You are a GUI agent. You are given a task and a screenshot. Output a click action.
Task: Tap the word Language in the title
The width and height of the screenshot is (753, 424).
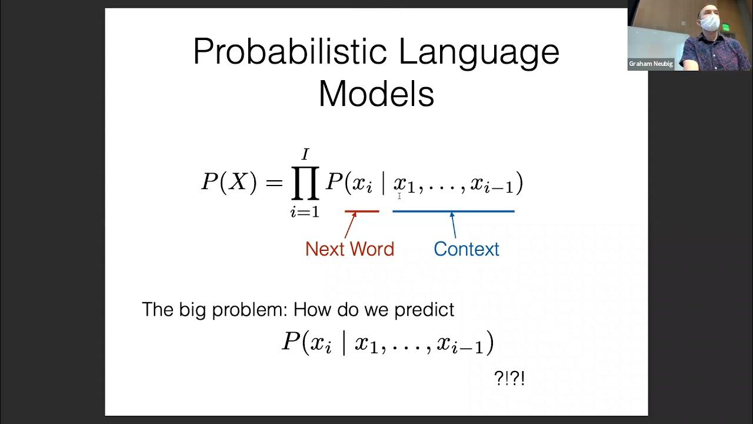point(479,52)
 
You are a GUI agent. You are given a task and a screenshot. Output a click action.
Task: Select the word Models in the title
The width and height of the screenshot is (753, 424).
point(376,94)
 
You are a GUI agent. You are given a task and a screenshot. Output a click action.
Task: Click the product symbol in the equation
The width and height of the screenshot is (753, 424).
point(305,183)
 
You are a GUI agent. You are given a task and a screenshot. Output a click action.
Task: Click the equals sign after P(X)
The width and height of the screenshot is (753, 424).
point(274,183)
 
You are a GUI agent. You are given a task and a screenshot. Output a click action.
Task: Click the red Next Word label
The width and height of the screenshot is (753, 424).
point(349,249)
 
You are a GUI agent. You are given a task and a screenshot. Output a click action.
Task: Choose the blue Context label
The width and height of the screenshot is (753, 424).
point(466,249)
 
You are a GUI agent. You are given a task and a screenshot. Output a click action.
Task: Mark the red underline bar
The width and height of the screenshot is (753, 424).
point(362,211)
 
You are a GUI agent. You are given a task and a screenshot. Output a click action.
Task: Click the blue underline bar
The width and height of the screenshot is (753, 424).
point(453,211)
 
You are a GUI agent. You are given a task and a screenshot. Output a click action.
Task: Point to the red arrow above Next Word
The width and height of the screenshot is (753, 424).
point(351,226)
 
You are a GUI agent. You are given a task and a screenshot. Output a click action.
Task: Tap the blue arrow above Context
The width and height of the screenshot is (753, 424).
point(453,225)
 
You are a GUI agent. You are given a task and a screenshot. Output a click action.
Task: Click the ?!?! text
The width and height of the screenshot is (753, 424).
point(509,378)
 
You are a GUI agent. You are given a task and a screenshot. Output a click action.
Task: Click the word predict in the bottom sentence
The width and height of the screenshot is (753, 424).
point(424,310)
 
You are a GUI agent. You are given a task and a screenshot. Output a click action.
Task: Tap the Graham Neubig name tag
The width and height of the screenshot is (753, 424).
point(651,64)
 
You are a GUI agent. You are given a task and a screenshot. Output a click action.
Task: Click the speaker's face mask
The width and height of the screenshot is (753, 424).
point(710,23)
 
